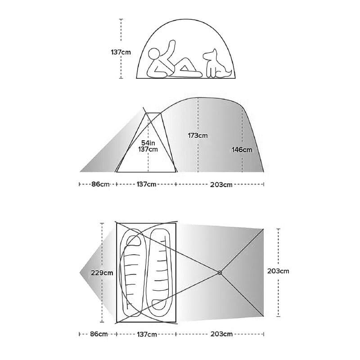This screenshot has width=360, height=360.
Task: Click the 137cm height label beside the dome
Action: (121, 52)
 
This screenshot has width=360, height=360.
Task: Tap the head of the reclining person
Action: (153, 54)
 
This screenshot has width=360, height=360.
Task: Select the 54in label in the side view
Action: (148, 143)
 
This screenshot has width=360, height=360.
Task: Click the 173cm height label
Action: (198, 135)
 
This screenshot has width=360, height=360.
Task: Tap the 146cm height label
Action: (242, 150)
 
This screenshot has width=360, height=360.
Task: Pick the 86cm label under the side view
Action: (100, 184)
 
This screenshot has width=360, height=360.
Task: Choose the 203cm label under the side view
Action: (221, 184)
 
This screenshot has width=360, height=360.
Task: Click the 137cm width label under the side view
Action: (147, 184)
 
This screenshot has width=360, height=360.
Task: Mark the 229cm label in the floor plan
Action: (102, 273)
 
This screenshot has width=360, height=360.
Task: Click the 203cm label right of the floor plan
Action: (278, 271)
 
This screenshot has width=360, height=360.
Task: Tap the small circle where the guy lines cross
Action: (220, 273)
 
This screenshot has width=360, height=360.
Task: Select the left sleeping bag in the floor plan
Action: (133, 273)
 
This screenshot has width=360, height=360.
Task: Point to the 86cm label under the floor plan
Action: (99, 334)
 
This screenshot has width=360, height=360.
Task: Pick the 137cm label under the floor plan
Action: (147, 334)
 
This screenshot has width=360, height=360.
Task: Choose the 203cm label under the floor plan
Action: (221, 334)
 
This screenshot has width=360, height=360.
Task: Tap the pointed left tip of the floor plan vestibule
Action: (80, 273)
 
